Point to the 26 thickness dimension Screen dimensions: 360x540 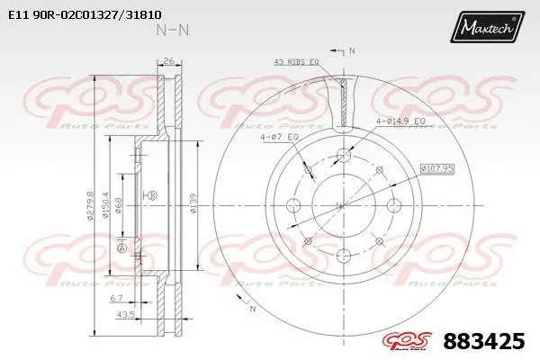coord(168,62)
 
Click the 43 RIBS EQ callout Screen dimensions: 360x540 coord(297,62)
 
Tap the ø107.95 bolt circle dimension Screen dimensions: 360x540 coord(438,166)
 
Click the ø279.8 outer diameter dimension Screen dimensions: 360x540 coord(90,206)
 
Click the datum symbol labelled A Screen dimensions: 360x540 coord(121,247)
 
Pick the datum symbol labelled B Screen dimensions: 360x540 coord(151,195)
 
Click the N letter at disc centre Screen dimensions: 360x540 coord(338,205)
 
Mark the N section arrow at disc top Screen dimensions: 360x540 coord(351,50)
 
